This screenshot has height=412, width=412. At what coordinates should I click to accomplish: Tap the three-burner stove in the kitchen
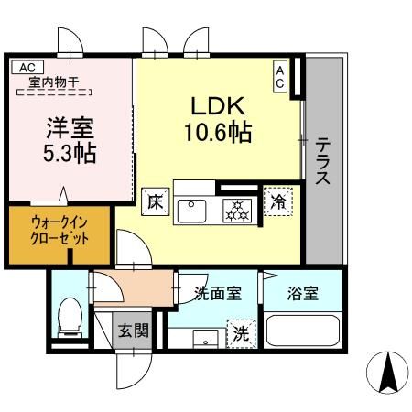click(x=239, y=209)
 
